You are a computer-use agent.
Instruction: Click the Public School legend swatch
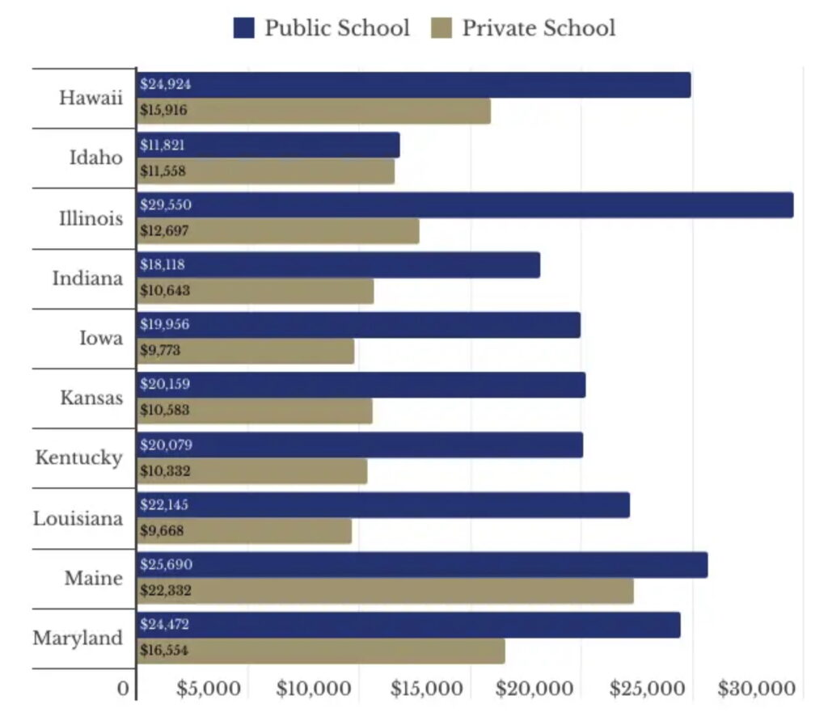pyautogui.click(x=244, y=28)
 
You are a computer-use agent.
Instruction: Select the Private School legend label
pyautogui.click(x=539, y=28)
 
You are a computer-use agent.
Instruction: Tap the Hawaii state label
pyautogui.click(x=91, y=98)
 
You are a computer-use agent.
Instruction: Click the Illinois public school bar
pyautogui.click(x=465, y=205)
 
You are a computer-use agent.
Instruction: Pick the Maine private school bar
pyautogui.click(x=385, y=591)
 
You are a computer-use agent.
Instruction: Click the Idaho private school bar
pyautogui.click(x=265, y=171)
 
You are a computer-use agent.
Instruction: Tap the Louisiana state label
pyautogui.click(x=78, y=518)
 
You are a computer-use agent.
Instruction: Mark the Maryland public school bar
pyautogui.click(x=408, y=625)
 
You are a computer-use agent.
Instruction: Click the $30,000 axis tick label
pyautogui.click(x=756, y=689)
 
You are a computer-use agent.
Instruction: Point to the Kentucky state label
pyautogui.click(x=78, y=457)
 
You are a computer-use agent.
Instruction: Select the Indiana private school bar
pyautogui.click(x=255, y=291)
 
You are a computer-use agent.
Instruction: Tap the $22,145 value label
pyautogui.click(x=165, y=505)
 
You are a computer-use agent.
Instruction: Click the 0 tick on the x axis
pyautogui.click(x=123, y=689)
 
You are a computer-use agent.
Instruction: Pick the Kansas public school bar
pyautogui.click(x=361, y=385)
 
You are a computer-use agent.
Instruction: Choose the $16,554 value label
pyautogui.click(x=164, y=650)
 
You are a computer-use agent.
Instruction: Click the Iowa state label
pyautogui.click(x=101, y=337)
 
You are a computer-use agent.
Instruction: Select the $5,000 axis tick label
pyautogui.click(x=209, y=689)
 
